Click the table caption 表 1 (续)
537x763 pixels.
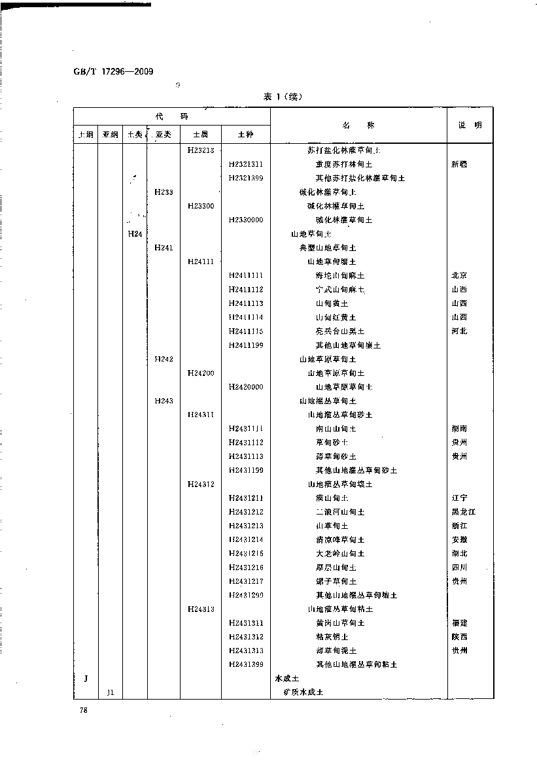pyautogui.click(x=283, y=97)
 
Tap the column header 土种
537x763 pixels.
pyautogui.click(x=245, y=135)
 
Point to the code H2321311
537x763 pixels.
pyautogui.click(x=246, y=164)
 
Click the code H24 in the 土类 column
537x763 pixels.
pyautogui.click(x=135, y=234)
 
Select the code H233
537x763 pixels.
pyautogui.click(x=164, y=192)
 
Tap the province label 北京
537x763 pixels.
pyautogui.click(x=459, y=276)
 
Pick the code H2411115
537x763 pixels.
pyautogui.click(x=246, y=331)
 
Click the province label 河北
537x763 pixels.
pyautogui.click(x=459, y=331)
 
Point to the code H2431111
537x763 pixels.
pyautogui.click(x=246, y=429)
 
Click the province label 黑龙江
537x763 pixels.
pyautogui.click(x=463, y=512)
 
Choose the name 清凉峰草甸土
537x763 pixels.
pyautogui.click(x=339, y=540)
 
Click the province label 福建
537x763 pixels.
pyautogui.click(x=459, y=623)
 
